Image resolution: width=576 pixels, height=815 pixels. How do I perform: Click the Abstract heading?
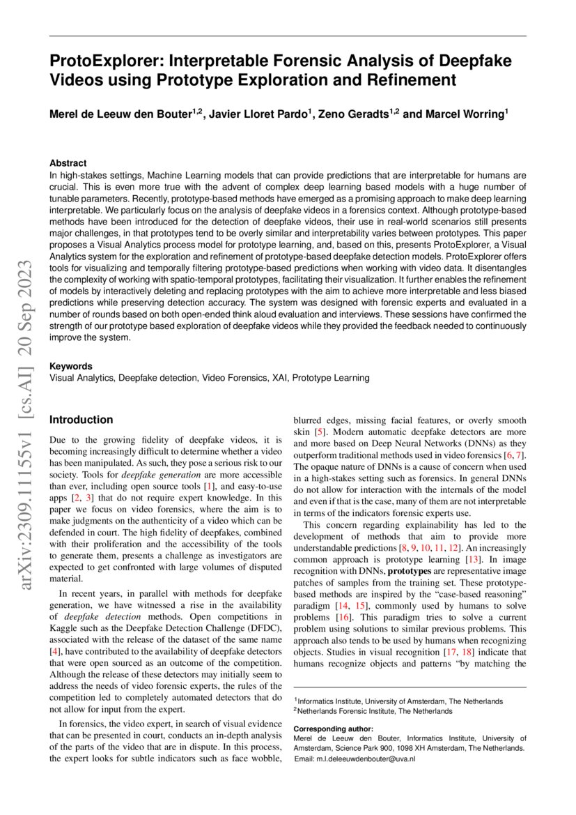click(68, 162)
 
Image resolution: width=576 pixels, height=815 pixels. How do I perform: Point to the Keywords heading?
click(71, 366)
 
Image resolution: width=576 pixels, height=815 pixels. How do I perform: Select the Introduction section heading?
click(81, 420)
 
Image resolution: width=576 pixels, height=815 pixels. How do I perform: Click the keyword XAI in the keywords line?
click(277, 378)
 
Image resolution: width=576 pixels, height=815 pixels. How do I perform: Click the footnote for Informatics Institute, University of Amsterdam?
click(400, 701)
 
